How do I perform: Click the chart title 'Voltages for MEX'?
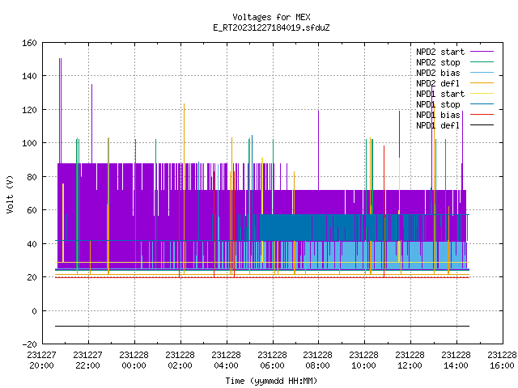[x=271, y=17]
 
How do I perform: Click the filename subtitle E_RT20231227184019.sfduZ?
[x=271, y=27]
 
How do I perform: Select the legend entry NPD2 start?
[x=440, y=52]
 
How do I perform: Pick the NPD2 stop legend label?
[x=438, y=62]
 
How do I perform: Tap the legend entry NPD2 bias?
[x=438, y=73]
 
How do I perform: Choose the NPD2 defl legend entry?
[x=438, y=83]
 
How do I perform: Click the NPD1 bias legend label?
[x=438, y=115]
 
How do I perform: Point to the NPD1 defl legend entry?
[x=438, y=126]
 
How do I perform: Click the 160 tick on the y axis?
[x=29, y=43]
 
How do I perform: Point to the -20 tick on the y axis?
[x=29, y=344]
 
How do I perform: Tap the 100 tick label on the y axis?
[x=29, y=143]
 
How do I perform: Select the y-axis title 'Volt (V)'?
[x=10, y=194]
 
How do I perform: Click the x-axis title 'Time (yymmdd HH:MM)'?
[x=271, y=381]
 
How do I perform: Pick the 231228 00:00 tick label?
[x=134, y=361]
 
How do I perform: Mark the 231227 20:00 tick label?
[x=41, y=361]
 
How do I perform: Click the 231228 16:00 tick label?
[x=502, y=361]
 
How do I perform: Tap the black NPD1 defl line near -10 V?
[x=262, y=327]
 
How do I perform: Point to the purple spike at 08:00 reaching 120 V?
[x=318, y=150]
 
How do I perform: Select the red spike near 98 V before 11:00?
[x=384, y=211]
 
